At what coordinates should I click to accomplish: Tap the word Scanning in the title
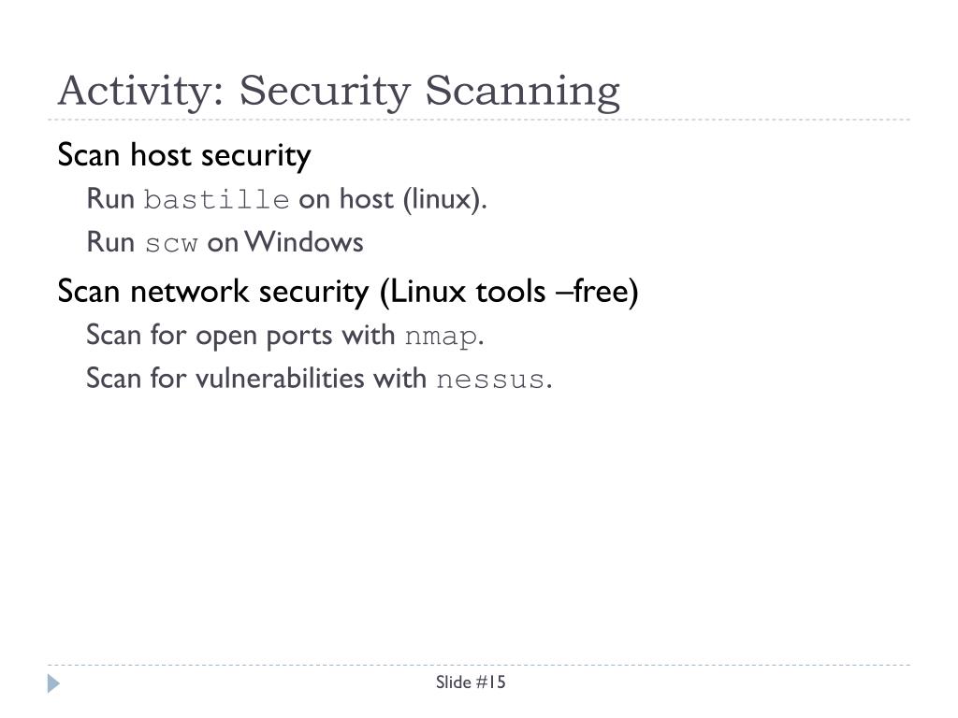pyautogui.click(x=522, y=92)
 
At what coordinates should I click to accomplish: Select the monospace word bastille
pyautogui.click(x=216, y=200)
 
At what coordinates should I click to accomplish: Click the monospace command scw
pyautogui.click(x=171, y=243)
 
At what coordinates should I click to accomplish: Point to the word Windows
pyautogui.click(x=305, y=242)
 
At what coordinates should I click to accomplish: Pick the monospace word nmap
pyautogui.click(x=441, y=337)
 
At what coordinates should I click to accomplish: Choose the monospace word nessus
pyautogui.click(x=490, y=380)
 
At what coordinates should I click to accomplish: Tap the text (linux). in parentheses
pyautogui.click(x=445, y=199)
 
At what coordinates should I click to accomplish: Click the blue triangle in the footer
pyautogui.click(x=53, y=683)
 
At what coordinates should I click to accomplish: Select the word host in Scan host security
pyautogui.click(x=160, y=155)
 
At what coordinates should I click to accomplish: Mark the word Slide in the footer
pyautogui.click(x=454, y=682)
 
